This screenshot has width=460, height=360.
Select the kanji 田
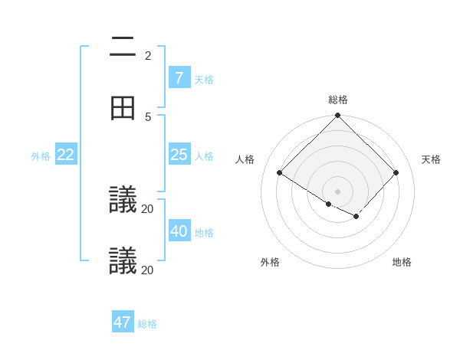(123, 108)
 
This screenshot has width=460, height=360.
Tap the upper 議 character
(123, 200)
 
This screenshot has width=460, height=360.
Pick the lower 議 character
(123, 261)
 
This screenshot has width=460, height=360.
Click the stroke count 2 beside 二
(148, 55)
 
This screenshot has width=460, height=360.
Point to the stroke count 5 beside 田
(148, 116)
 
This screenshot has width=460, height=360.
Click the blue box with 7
(179, 78)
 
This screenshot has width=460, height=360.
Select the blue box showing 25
(179, 155)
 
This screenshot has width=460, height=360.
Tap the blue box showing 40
(179, 231)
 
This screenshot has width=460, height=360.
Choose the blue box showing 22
(66, 155)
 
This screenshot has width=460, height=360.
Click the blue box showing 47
(123, 322)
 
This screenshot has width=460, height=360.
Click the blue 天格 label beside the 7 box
(204, 79)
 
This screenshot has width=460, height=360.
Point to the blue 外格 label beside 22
(41, 156)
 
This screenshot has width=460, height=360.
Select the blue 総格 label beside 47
(147, 324)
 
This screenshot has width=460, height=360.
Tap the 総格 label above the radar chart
(338, 100)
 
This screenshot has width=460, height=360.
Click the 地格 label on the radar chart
(402, 262)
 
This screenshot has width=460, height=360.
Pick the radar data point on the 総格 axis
(338, 116)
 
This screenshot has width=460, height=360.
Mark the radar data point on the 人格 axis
(280, 173)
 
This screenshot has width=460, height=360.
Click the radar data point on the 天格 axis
(396, 173)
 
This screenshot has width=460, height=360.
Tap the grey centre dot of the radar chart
(338, 191)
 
